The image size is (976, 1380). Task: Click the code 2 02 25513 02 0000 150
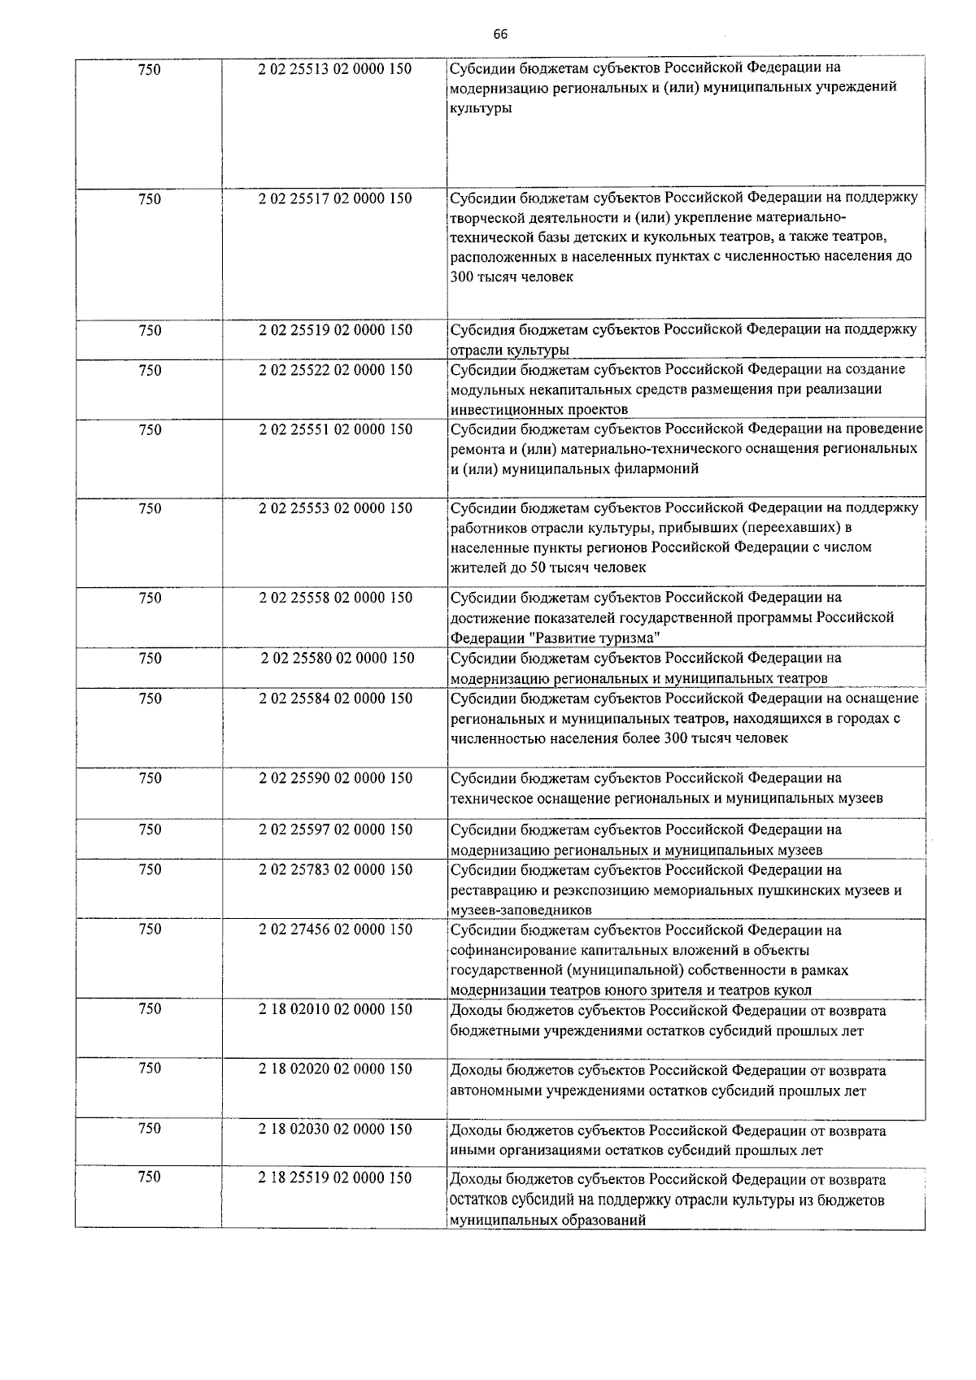[x=335, y=70]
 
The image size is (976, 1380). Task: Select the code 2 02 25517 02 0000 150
[x=335, y=198]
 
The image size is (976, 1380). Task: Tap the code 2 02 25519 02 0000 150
[x=335, y=330]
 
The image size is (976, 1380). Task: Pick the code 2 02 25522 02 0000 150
[x=335, y=370]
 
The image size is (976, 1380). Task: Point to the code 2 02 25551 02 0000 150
[x=335, y=429]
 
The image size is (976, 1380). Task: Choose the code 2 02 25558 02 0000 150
[x=335, y=598]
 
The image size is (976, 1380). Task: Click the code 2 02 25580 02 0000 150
[x=337, y=658]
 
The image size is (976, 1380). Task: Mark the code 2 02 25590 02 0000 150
[x=335, y=778]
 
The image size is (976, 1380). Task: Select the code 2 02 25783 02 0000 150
[x=335, y=870]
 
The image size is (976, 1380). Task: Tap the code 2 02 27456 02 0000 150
[x=335, y=929]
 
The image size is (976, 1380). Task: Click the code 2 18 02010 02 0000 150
[x=335, y=1009]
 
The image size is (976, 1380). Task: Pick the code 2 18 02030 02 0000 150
[x=335, y=1130]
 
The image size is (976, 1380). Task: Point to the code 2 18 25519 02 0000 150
[x=335, y=1178]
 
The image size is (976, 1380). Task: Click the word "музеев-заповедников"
[x=521, y=910]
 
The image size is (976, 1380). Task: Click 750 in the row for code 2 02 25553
[x=150, y=509]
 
